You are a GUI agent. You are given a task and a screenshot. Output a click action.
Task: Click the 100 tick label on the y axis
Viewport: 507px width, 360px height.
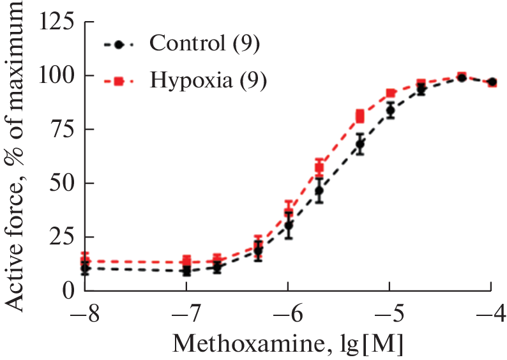point(55,76)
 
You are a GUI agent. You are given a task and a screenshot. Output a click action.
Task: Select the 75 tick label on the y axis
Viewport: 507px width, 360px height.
point(61,130)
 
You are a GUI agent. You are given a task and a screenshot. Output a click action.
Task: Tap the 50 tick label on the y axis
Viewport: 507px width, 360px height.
point(61,183)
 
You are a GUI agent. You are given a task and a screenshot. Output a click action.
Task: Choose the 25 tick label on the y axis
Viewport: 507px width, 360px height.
point(61,237)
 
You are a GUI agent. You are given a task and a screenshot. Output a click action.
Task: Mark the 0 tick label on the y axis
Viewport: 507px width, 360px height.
point(68,290)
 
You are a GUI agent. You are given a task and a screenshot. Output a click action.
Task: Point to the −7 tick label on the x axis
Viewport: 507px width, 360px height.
point(186,314)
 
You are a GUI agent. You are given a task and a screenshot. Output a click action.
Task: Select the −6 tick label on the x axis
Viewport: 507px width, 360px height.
point(288,314)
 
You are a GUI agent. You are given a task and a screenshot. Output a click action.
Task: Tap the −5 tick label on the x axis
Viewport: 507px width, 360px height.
point(390,314)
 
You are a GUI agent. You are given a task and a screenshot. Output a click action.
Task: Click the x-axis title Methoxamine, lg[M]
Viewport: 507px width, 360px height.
point(288,345)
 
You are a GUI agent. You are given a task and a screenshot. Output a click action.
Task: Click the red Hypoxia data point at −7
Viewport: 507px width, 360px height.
point(186,260)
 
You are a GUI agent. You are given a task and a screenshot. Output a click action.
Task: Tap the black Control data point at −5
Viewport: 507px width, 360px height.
point(390,110)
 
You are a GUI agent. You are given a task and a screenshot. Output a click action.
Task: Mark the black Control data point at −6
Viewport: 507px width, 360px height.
point(289,225)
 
